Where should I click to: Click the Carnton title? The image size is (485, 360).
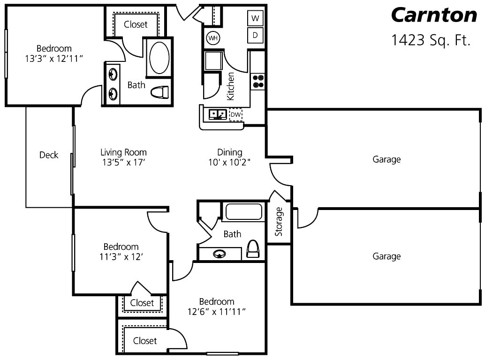[434, 15]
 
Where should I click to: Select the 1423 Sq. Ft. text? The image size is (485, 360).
[431, 40]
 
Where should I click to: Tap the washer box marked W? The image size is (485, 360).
[255, 19]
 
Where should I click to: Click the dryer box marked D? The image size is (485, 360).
[255, 35]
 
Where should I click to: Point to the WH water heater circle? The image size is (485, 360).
[213, 38]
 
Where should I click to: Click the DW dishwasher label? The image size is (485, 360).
[236, 114]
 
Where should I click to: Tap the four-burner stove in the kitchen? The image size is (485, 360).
[258, 81]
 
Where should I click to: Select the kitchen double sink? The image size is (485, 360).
[218, 114]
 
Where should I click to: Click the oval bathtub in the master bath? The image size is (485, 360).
[159, 58]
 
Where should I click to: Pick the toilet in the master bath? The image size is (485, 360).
[160, 92]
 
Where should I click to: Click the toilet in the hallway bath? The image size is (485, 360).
[253, 249]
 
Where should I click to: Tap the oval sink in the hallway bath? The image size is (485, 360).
[220, 254]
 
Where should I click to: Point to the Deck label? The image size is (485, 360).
[49, 155]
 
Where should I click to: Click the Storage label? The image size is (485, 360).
[279, 221]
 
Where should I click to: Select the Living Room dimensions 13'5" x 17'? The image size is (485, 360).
[123, 163]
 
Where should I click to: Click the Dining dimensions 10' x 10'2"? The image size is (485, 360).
[230, 163]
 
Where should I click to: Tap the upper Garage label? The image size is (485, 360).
[386, 159]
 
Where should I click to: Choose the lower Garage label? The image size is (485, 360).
[386, 256]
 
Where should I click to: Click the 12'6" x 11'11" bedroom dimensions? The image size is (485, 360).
[216, 312]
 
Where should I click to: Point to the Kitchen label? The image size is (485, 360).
[231, 86]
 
